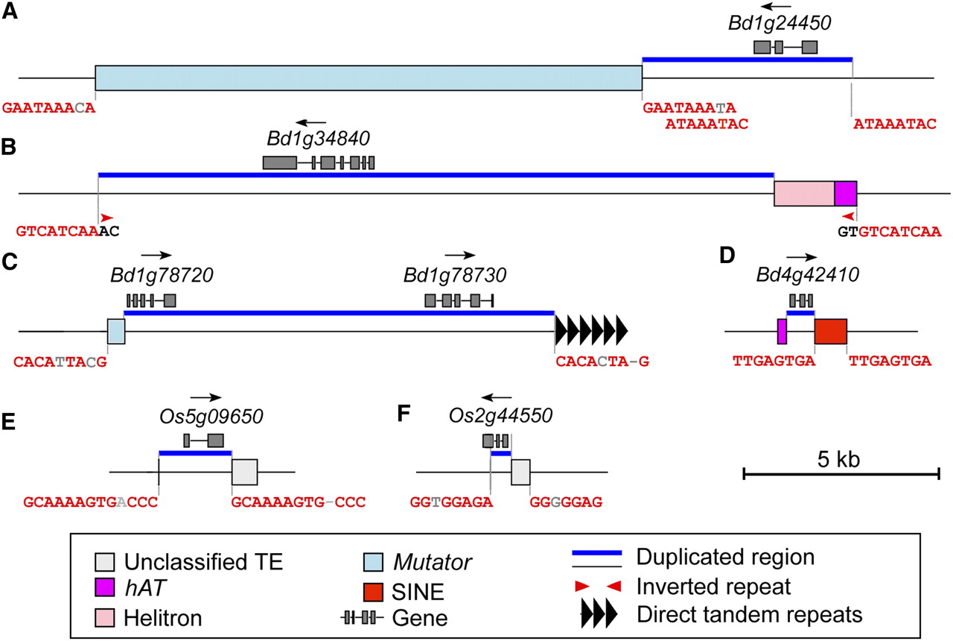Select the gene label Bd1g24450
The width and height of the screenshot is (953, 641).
click(779, 23)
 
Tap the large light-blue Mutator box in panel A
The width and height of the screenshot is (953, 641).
click(369, 78)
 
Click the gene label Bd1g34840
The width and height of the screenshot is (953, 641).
click(319, 139)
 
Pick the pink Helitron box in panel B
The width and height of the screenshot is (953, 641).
click(804, 193)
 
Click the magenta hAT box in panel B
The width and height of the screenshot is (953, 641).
click(846, 193)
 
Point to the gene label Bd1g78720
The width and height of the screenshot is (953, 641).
click(152, 276)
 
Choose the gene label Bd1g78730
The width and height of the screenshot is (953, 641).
click(455, 276)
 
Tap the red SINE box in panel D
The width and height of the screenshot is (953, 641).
click(830, 331)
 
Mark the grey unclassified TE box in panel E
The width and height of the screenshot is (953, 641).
click(244, 472)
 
